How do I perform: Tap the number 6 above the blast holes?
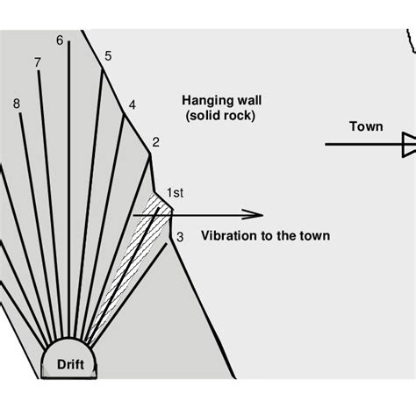tap(60, 39)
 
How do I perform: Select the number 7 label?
tap(37, 62)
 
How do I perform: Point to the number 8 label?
tap(18, 104)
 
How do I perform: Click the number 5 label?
tap(108, 57)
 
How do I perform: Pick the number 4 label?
tap(132, 105)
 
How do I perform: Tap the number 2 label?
tap(155, 142)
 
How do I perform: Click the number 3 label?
tap(179, 236)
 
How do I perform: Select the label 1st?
tap(175, 191)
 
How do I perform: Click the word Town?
tap(366, 126)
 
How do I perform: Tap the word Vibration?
tap(229, 236)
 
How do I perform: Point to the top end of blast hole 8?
tap(19, 116)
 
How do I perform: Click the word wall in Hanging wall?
tap(246, 99)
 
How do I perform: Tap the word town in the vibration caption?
tap(316, 236)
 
